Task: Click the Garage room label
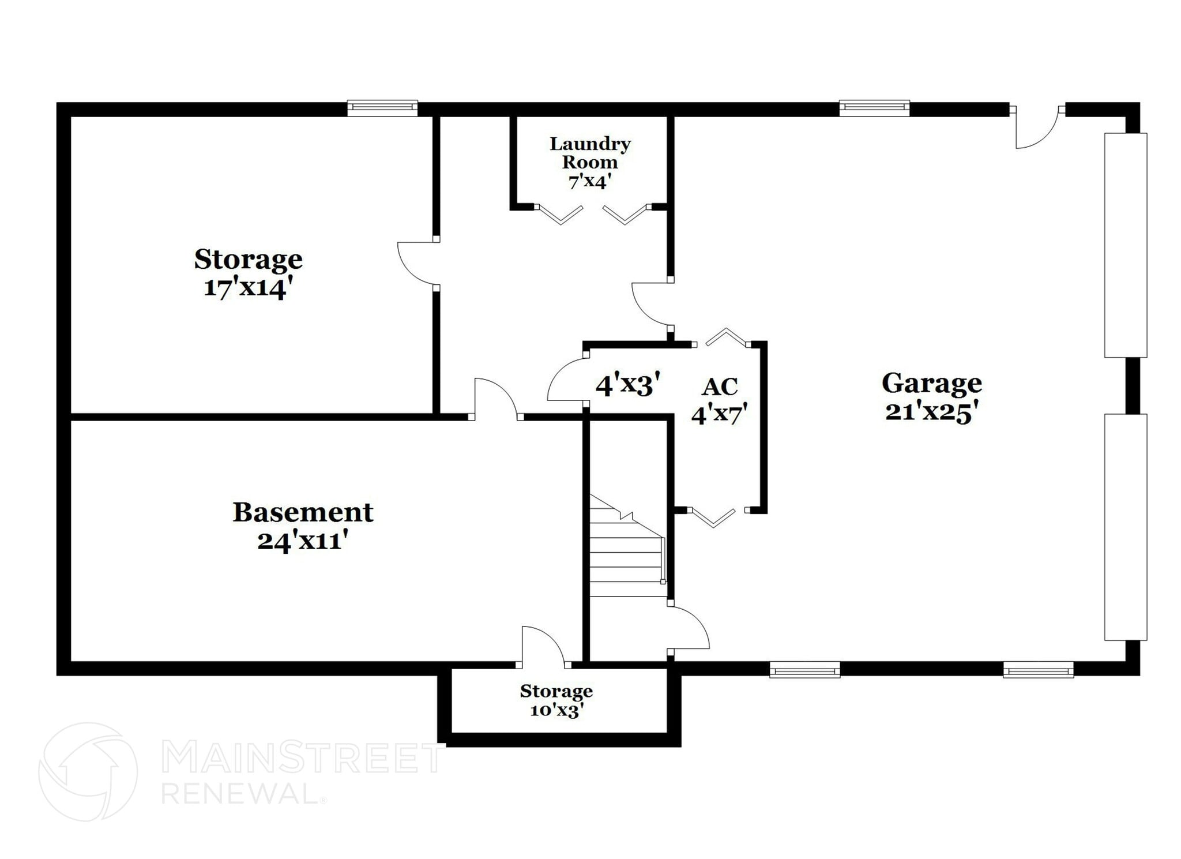(931, 383)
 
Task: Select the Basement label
(303, 512)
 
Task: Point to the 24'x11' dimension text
(303, 541)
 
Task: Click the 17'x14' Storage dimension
(245, 287)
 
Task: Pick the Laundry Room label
(589, 153)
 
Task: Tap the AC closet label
(720, 387)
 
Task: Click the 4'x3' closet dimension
(627, 385)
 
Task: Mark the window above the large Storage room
(382, 108)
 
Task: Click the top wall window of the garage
(874, 108)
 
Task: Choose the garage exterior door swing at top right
(1036, 130)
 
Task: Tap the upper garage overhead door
(1125, 245)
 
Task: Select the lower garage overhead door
(1125, 527)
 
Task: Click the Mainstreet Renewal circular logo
(88, 772)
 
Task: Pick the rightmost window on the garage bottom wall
(1038, 670)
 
